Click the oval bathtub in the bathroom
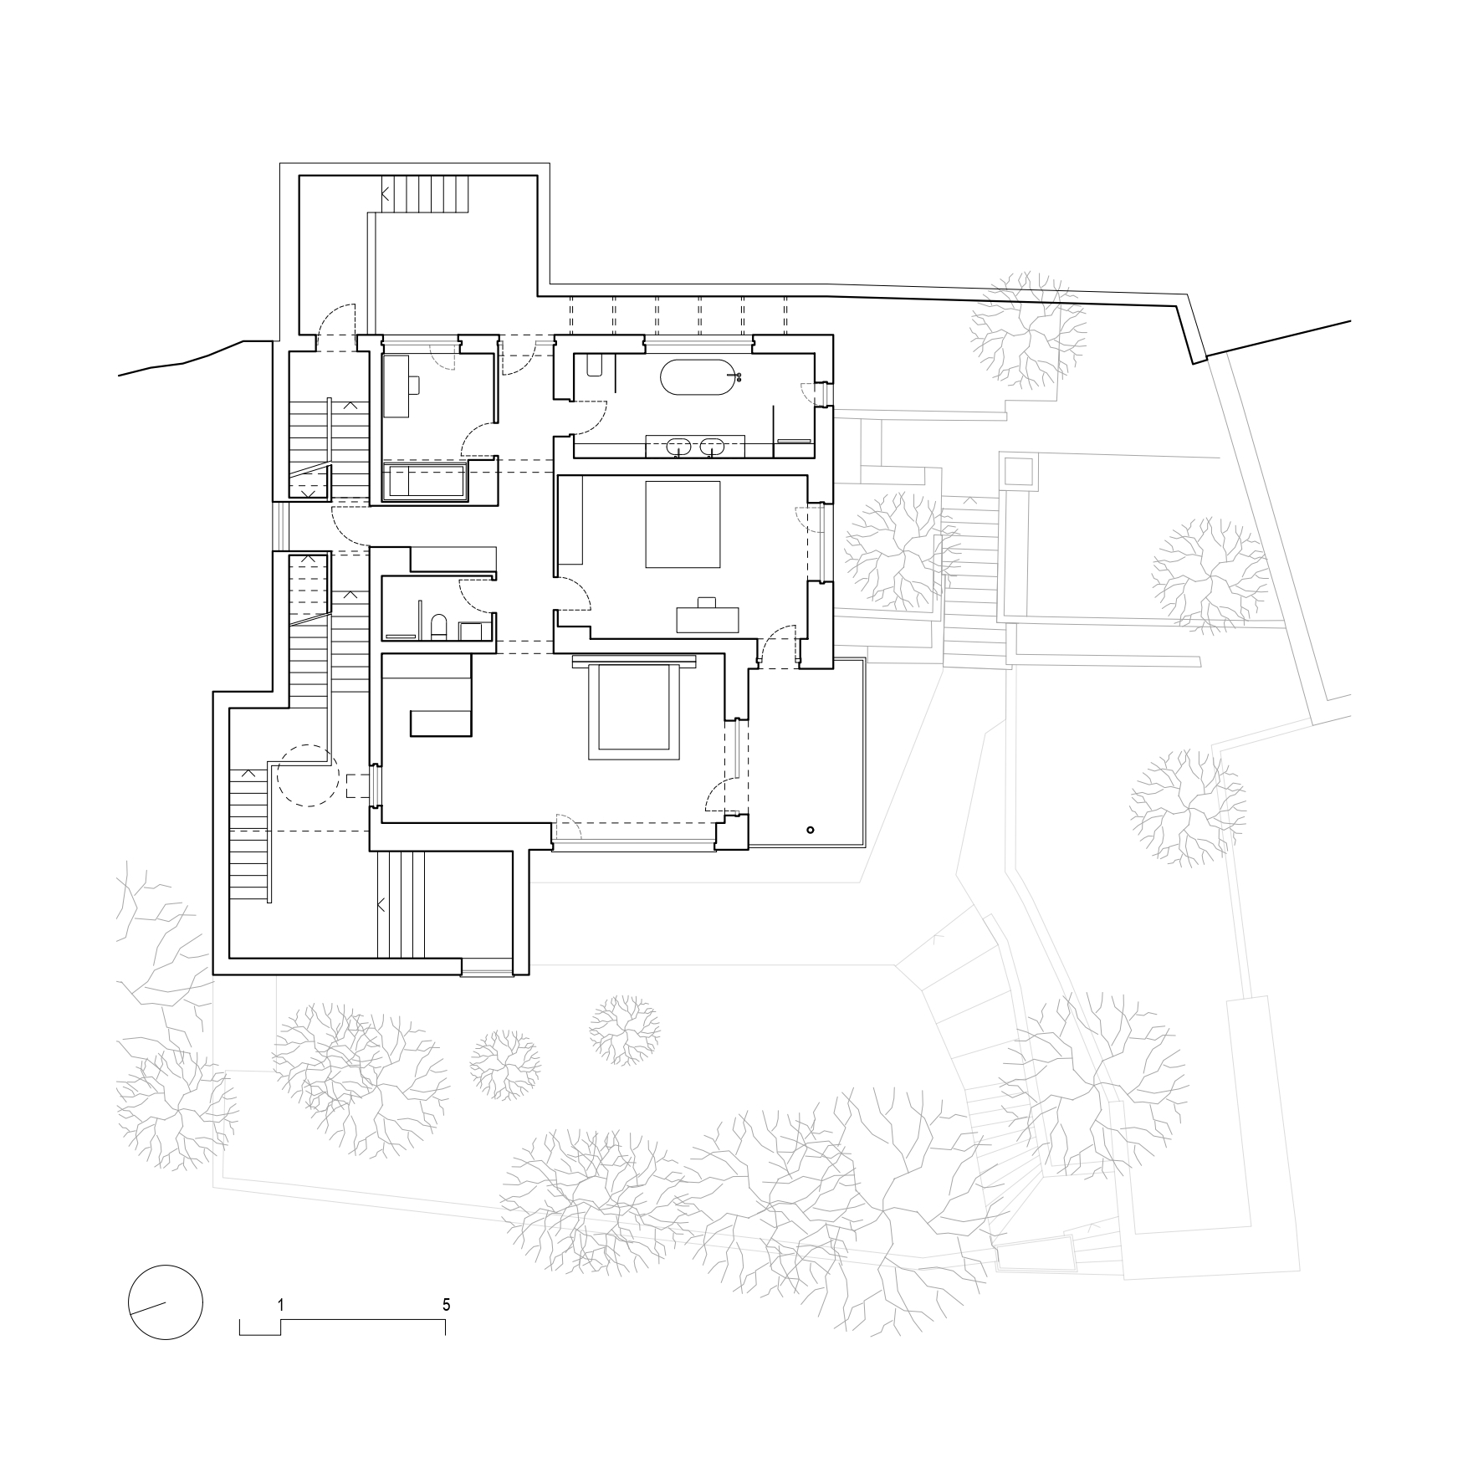[x=702, y=377]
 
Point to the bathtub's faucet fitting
[x=737, y=377]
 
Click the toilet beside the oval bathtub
[x=595, y=366]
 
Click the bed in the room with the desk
[x=683, y=524]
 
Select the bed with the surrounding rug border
[x=633, y=709]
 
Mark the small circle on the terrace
[x=810, y=830]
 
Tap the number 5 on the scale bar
[x=447, y=1304]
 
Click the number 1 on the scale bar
[x=282, y=1304]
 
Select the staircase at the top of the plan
[x=424, y=194]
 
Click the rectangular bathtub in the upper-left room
[x=423, y=483]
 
